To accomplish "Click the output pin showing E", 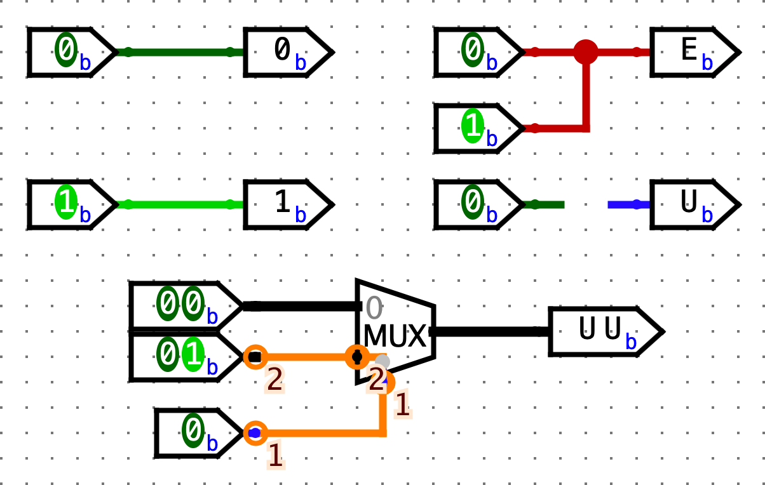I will click(x=693, y=52).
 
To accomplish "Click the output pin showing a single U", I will click(x=693, y=204).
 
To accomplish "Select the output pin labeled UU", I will click(x=604, y=331).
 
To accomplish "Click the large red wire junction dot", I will click(x=585, y=52).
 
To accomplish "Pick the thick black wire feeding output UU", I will click(x=489, y=331).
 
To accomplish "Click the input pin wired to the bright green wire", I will click(x=70, y=204).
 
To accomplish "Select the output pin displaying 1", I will click(x=286, y=204).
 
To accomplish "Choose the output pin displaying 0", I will click(x=286, y=52).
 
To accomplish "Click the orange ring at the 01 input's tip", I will click(x=255, y=357).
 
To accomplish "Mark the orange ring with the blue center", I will click(x=255, y=433).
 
